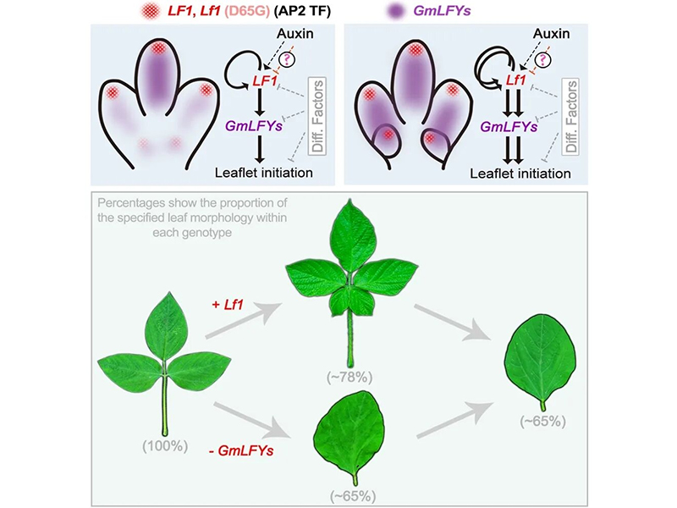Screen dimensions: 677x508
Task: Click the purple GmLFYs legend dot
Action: click(395, 11)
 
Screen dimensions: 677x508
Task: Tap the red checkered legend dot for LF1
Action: click(151, 11)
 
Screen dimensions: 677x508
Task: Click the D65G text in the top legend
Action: click(247, 11)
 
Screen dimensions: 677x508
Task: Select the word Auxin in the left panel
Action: click(294, 34)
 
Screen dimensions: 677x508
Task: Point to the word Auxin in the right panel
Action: click(551, 34)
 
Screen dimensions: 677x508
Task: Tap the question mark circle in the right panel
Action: click(542, 59)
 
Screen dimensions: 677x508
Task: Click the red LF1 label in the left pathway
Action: click(265, 80)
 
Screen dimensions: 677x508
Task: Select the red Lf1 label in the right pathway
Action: click(515, 80)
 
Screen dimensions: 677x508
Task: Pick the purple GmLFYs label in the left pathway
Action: click(254, 126)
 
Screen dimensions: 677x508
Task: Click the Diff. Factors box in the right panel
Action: click(570, 116)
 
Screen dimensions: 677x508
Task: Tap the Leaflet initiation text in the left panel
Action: click(264, 173)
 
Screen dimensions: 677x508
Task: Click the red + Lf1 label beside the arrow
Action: click(228, 305)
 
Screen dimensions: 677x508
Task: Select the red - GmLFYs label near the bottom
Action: click(241, 451)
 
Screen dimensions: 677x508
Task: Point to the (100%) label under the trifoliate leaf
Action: click(165, 446)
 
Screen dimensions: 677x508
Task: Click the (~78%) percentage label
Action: click(350, 377)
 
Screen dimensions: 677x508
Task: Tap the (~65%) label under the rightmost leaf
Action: click(542, 421)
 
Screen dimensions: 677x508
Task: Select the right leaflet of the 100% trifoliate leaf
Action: click(199, 368)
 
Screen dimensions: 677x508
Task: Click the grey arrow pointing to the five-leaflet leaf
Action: click(243, 320)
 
